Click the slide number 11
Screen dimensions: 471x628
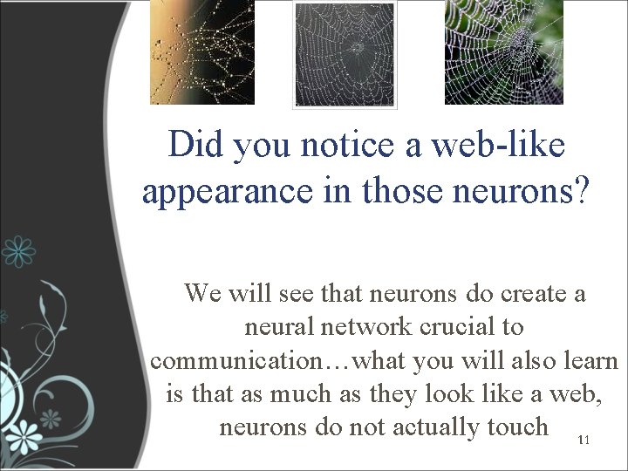tap(583, 444)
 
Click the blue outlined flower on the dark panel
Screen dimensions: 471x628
tap(18, 253)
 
